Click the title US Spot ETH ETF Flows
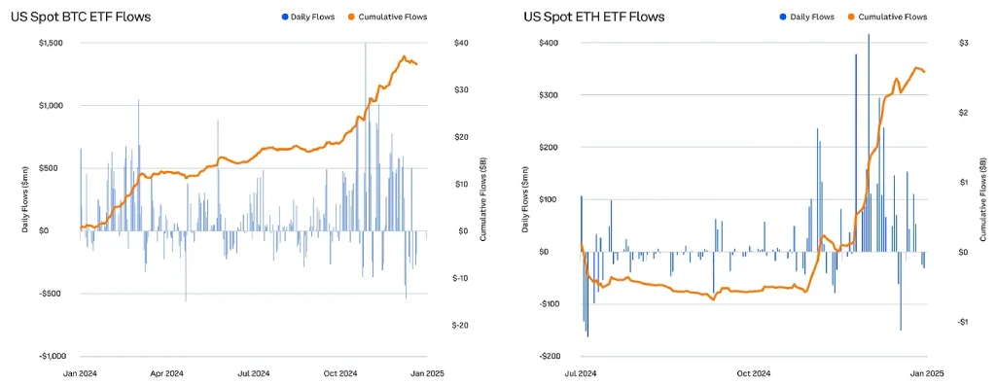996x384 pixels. pyautogui.click(x=594, y=17)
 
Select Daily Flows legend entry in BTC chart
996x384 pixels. pyautogui.click(x=306, y=17)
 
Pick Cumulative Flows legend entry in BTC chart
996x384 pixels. pyautogui.click(x=387, y=17)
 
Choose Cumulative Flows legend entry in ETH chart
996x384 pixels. pyautogui.click(x=887, y=17)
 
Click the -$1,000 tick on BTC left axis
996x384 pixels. pyautogui.click(x=49, y=356)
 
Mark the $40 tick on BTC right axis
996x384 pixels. pyautogui.click(x=462, y=43)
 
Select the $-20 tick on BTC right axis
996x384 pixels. pyautogui.click(x=462, y=325)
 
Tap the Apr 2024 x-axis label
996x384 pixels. pyautogui.click(x=166, y=372)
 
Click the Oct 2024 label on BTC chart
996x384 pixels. pyautogui.click(x=341, y=372)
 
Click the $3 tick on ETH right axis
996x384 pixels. pyautogui.click(x=936, y=43)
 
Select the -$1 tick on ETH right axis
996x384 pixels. pyautogui.click(x=936, y=322)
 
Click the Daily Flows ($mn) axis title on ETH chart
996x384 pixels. pyautogui.click(x=525, y=199)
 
